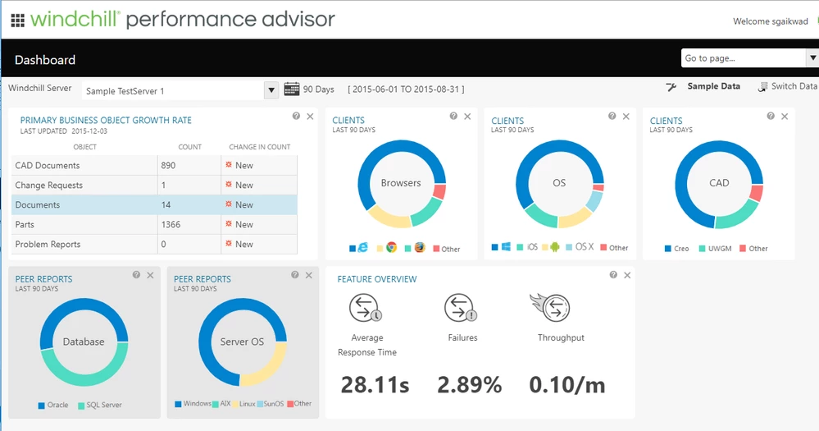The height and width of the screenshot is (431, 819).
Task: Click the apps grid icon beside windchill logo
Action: tap(17, 20)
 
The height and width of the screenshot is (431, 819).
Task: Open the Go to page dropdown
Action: tap(812, 58)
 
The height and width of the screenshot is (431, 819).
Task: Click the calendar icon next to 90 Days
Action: tap(291, 89)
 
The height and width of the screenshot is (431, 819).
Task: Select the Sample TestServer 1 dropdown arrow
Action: tap(271, 90)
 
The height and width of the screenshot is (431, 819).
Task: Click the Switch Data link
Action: tap(788, 86)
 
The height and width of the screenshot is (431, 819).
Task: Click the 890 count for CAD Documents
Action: tap(170, 165)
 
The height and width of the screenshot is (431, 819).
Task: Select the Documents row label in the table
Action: tap(37, 204)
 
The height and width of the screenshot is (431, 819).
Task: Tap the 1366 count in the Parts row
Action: tap(171, 224)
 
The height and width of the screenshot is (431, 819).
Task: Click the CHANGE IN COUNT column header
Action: tap(260, 147)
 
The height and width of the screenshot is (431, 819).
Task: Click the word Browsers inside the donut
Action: tap(401, 183)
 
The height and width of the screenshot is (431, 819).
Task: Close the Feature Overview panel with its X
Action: tap(627, 276)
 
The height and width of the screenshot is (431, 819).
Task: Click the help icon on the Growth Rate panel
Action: tap(296, 117)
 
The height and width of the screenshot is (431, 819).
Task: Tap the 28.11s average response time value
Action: tap(375, 384)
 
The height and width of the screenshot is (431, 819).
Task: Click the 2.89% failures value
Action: tap(469, 384)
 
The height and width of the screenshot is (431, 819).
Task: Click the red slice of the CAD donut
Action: tap(756, 194)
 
